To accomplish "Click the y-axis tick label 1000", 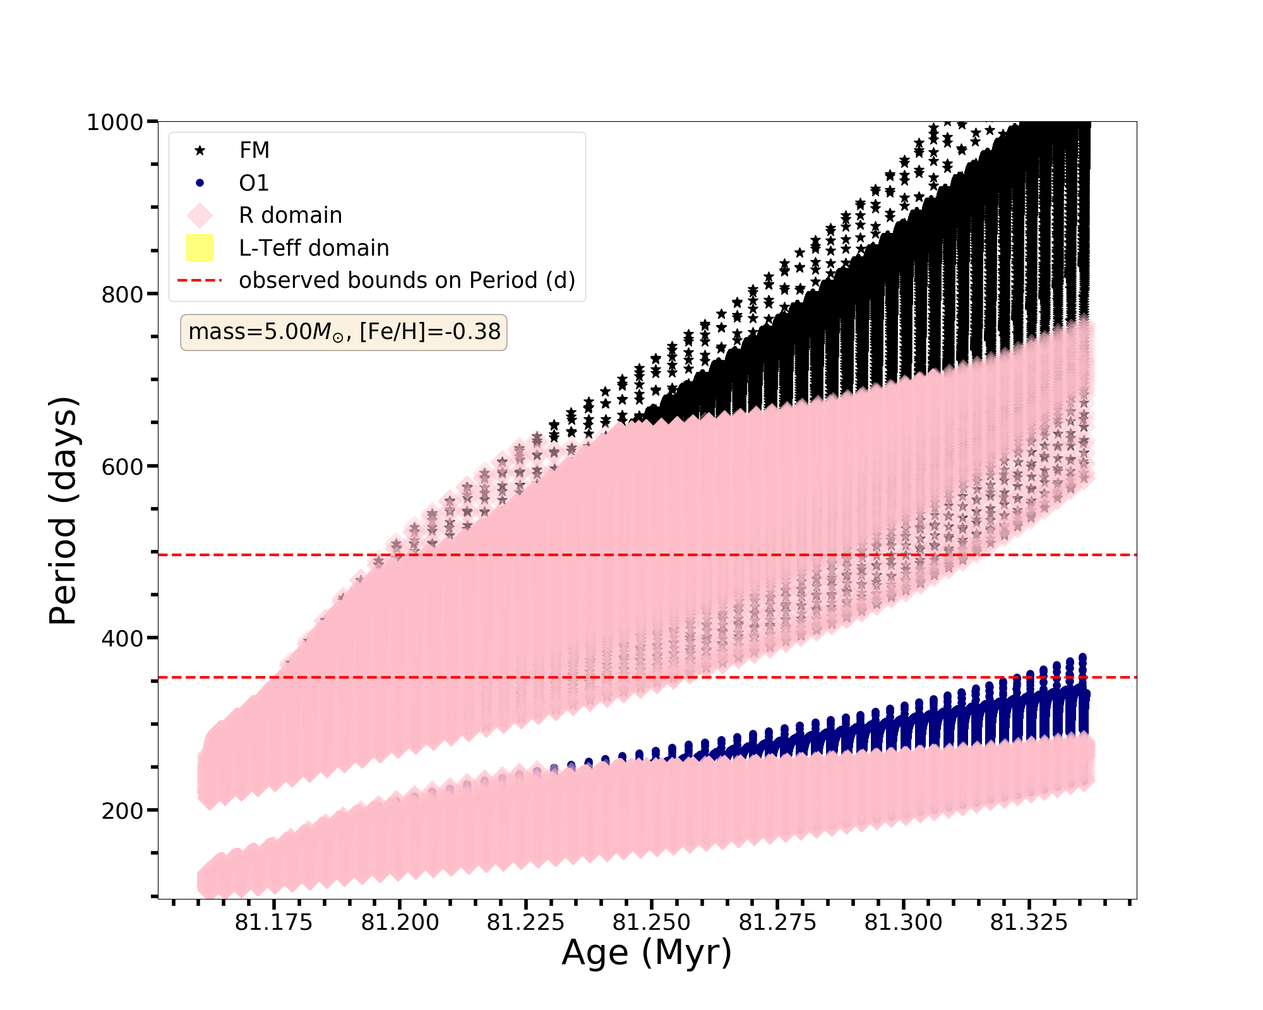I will click(x=114, y=122).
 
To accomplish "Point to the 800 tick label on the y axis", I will click(x=122, y=294).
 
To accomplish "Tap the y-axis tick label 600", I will click(x=122, y=466).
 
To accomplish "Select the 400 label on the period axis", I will click(x=122, y=638).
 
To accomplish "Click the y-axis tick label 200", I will click(x=122, y=811).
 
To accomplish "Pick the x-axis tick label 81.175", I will click(x=273, y=923).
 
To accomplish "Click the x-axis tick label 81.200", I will click(x=400, y=923).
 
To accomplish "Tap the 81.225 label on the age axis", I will click(x=525, y=923).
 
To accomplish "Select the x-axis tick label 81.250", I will click(x=651, y=923).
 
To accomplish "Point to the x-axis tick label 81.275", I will click(x=777, y=923).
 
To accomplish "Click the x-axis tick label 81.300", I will click(x=903, y=923).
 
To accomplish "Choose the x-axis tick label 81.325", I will click(x=1029, y=923).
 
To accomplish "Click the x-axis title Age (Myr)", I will click(x=647, y=953).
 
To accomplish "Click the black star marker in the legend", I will click(x=200, y=150).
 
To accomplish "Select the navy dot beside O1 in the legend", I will click(x=200, y=183).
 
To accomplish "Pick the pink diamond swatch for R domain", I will click(x=200, y=215).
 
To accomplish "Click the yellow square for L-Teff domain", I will click(x=200, y=248).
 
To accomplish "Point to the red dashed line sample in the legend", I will click(x=200, y=280).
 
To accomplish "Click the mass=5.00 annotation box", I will click(x=344, y=332).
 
